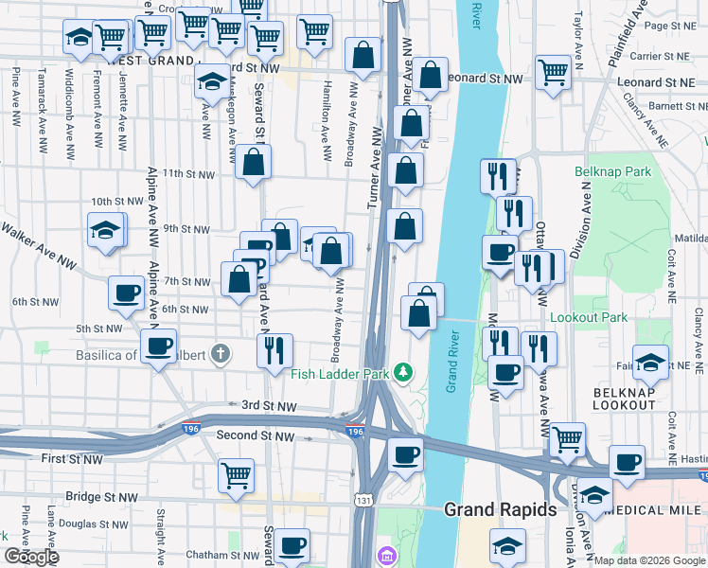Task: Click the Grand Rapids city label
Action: point(500,509)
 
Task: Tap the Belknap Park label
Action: point(612,172)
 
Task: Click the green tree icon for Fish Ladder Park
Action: point(403,373)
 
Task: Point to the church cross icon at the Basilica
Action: point(221,355)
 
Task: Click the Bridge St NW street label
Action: point(102,496)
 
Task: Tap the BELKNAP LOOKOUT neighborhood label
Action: point(624,398)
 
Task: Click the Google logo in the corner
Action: point(31,557)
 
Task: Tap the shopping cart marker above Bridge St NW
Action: point(236,474)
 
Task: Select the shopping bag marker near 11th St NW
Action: point(254,162)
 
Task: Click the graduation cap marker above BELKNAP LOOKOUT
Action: point(650,361)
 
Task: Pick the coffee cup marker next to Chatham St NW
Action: point(292,545)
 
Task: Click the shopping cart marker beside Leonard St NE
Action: point(553,72)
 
